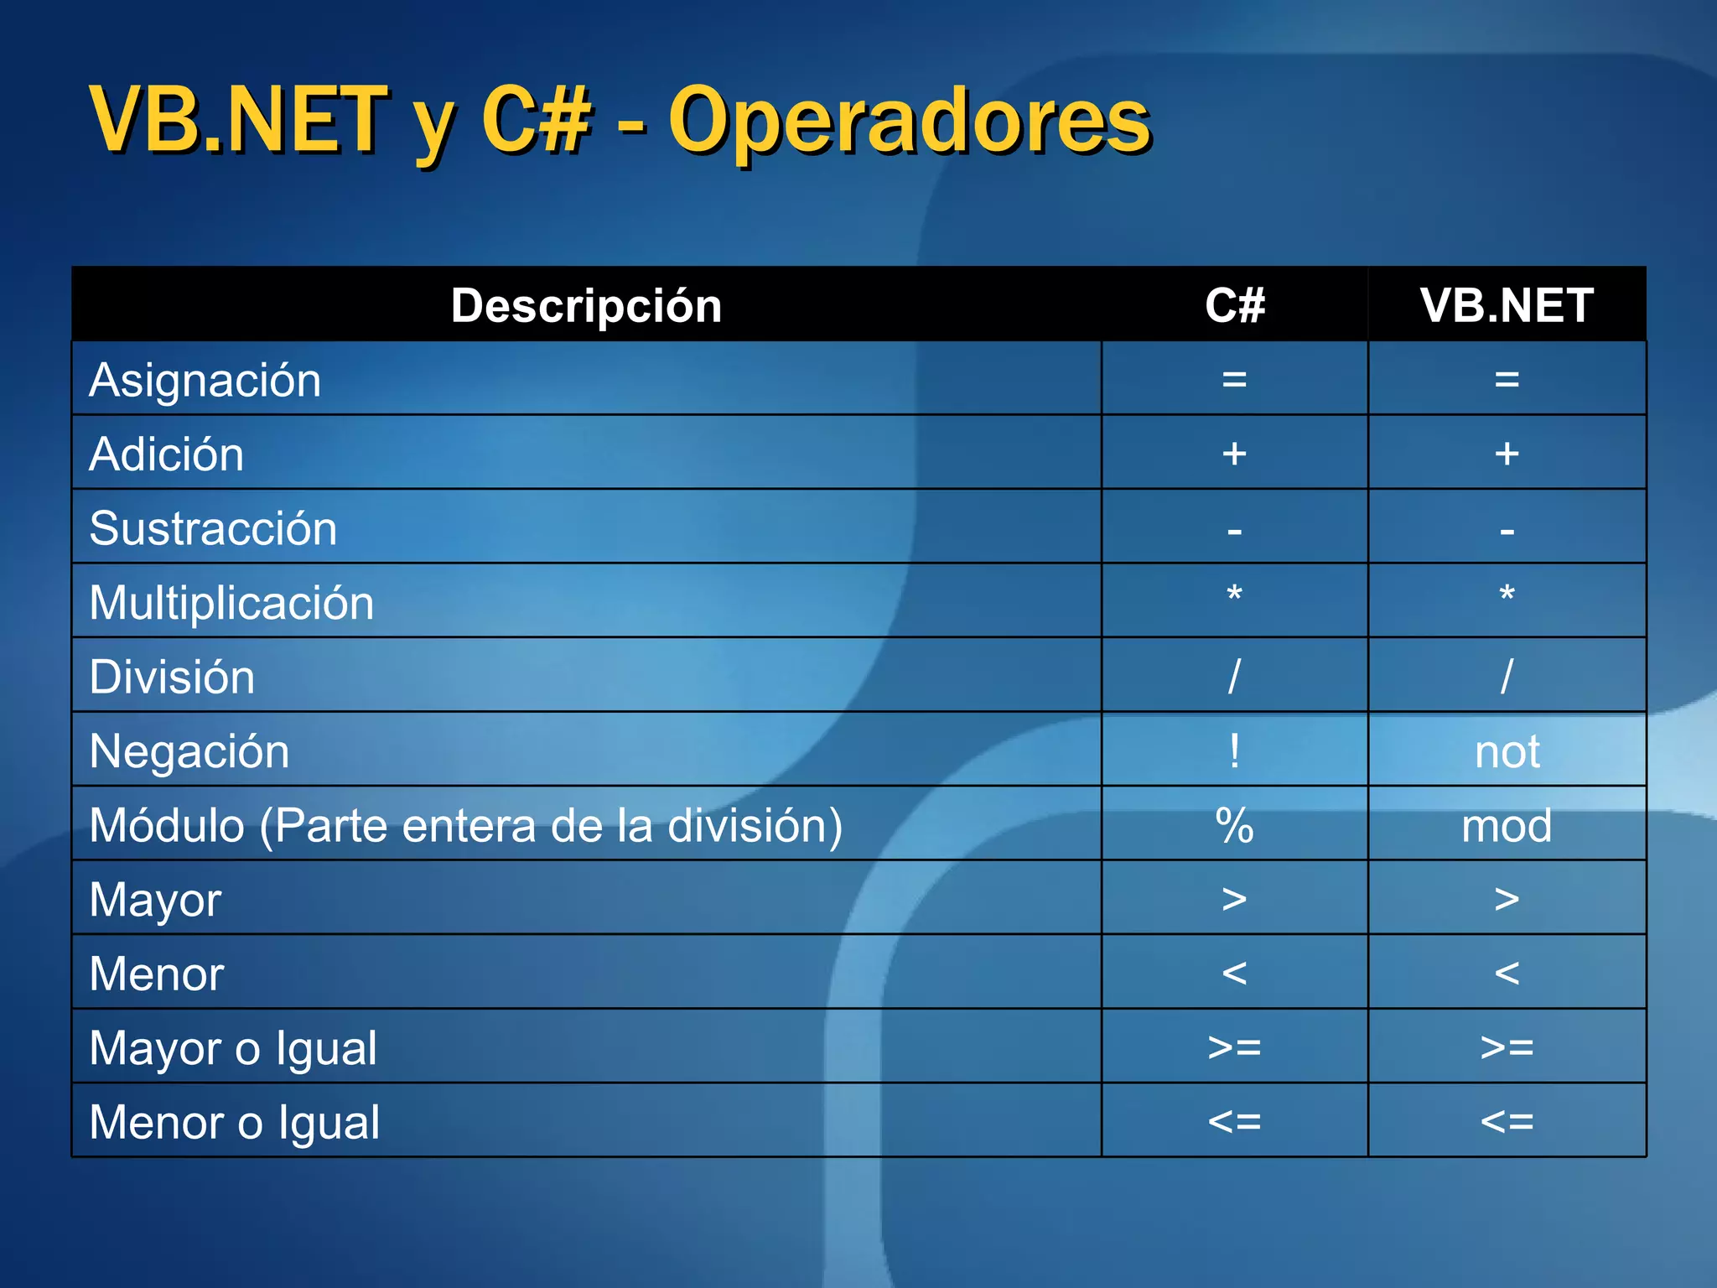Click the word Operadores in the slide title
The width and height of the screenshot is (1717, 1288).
[909, 122]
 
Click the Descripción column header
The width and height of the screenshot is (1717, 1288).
[586, 305]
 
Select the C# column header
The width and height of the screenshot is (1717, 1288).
[1234, 305]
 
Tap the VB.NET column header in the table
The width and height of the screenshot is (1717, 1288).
[1507, 305]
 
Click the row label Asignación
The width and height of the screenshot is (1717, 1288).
[205, 381]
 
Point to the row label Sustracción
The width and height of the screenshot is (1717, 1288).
[213, 529]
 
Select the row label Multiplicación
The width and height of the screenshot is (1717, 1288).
[231, 603]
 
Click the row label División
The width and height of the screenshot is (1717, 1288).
[172, 678]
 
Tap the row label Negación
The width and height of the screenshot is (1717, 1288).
[189, 751]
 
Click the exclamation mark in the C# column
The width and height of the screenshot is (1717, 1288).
[1234, 750]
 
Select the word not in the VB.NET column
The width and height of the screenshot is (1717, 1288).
[1507, 752]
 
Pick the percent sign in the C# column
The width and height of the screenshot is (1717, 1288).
[1234, 826]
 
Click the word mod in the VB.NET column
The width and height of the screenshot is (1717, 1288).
[1507, 826]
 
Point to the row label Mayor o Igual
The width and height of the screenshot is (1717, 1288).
[233, 1048]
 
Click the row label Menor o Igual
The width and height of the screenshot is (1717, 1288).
[235, 1123]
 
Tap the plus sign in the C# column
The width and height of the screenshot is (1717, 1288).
[1234, 454]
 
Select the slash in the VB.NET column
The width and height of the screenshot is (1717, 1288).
[1507, 676]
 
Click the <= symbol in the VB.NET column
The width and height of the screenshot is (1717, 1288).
[1507, 1122]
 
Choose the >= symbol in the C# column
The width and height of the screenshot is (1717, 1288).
[1234, 1047]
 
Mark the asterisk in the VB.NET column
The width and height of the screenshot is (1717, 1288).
[1507, 595]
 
